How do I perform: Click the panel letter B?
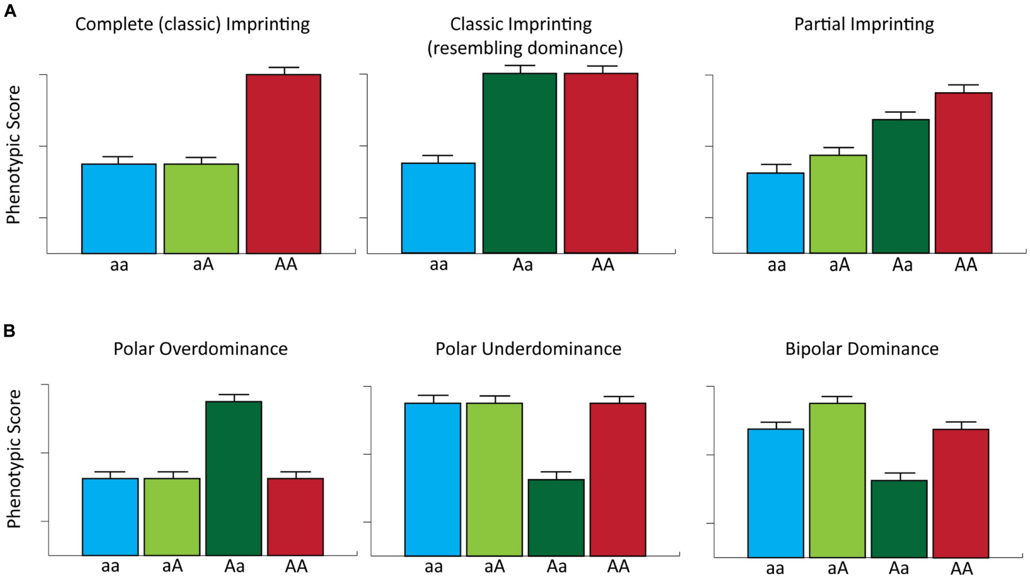[x=9, y=331]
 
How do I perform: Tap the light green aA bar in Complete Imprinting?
[x=201, y=208]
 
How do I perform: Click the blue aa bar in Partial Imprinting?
[x=775, y=213]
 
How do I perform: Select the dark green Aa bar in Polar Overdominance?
[x=234, y=478]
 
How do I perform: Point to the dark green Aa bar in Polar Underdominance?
[x=556, y=517]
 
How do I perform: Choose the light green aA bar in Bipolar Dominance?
[x=837, y=480]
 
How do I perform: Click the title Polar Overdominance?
[x=200, y=349]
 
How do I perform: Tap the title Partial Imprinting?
[x=864, y=24]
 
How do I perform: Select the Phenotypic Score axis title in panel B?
[x=14, y=459]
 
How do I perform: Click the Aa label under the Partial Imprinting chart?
[x=902, y=265]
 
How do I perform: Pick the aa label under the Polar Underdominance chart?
[x=433, y=567]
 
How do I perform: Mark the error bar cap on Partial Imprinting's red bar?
[x=963, y=85]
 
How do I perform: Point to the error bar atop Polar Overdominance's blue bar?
[x=110, y=473]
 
